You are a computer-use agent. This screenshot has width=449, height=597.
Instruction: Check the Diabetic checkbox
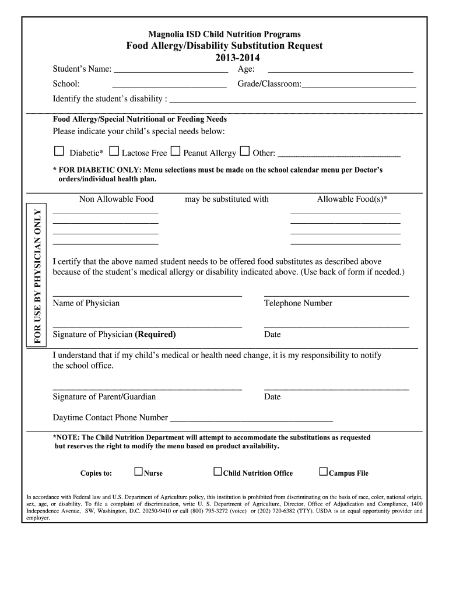pos(58,152)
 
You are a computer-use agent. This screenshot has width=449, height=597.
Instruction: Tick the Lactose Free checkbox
pos(114,152)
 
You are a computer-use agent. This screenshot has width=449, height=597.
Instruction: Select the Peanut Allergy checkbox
pos(176,152)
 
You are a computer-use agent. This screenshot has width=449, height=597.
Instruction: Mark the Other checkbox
pos(245,152)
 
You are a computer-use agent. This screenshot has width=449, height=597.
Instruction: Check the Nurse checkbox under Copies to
pos(138,472)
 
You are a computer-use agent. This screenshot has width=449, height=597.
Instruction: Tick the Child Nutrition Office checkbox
pos(218,472)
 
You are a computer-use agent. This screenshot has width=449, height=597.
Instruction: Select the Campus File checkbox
pos(323,472)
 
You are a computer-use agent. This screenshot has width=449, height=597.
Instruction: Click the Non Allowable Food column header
pos(116,199)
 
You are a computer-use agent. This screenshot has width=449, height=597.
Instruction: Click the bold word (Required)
pos(155,335)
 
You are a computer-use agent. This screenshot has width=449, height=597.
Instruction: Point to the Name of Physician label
pos(86,303)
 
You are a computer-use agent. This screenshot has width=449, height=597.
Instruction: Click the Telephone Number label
pos(298,303)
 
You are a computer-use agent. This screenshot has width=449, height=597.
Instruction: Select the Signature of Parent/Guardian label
pos(104,397)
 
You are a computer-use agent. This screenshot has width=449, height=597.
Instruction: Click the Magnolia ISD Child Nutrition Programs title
pos(224,34)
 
